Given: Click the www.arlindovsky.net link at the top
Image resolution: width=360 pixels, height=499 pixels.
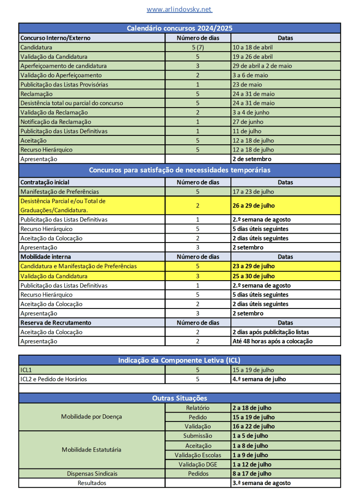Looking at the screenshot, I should pyautogui.click(x=179, y=9).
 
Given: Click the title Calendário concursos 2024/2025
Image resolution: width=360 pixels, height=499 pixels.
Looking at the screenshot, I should pyautogui.click(x=179, y=28).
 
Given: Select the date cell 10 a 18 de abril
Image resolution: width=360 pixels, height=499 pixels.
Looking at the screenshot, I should pyautogui.click(x=253, y=47).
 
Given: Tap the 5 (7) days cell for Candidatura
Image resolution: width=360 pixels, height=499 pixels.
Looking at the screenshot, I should pyautogui.click(x=198, y=47).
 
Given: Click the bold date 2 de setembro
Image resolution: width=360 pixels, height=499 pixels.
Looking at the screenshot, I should pyautogui.click(x=252, y=159).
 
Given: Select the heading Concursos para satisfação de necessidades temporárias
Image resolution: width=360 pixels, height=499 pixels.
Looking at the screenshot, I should pyautogui.click(x=179, y=170).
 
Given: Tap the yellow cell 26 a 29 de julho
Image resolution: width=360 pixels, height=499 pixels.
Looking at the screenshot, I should pyautogui.click(x=253, y=206).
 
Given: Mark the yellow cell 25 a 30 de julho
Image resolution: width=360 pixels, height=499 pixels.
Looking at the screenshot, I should pyautogui.click(x=253, y=276).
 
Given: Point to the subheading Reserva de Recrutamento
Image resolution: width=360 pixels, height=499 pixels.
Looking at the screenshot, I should pyautogui.click(x=56, y=323).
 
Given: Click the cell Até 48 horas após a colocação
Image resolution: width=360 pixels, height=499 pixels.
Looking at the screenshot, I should pyautogui.click(x=272, y=342).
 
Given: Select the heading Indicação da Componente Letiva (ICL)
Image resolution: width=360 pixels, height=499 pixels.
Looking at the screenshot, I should pyautogui.click(x=179, y=360).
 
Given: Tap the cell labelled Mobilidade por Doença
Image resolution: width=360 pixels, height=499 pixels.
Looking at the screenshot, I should pyautogui.click(x=91, y=417).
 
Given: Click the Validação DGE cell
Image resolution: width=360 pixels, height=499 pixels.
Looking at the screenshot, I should pyautogui.click(x=198, y=464).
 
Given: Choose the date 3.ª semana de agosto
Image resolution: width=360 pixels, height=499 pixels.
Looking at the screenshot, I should pyautogui.click(x=261, y=483).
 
